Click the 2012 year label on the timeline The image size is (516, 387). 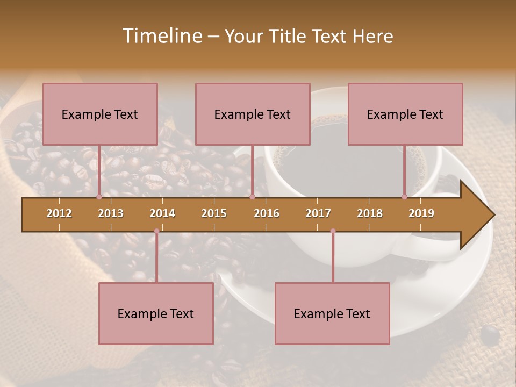(59, 213)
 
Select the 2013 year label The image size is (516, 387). (111, 213)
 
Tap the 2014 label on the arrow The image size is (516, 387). (162, 213)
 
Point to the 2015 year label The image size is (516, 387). (214, 213)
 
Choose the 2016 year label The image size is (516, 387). (267, 213)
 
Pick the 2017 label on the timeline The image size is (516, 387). (318, 213)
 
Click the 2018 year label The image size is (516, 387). (370, 213)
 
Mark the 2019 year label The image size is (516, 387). (421, 213)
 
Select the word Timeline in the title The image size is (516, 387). (161, 36)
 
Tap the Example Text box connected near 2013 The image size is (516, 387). (100, 114)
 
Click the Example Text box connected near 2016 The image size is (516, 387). (253, 114)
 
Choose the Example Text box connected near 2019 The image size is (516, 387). (405, 114)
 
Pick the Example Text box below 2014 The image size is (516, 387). (156, 313)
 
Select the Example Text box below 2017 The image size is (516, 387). (332, 313)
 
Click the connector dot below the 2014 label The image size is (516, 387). (156, 231)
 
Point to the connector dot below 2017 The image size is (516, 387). (333, 231)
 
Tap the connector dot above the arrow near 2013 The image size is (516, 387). (99, 197)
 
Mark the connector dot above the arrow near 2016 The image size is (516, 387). (252, 197)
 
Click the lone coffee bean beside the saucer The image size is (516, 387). (490, 335)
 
